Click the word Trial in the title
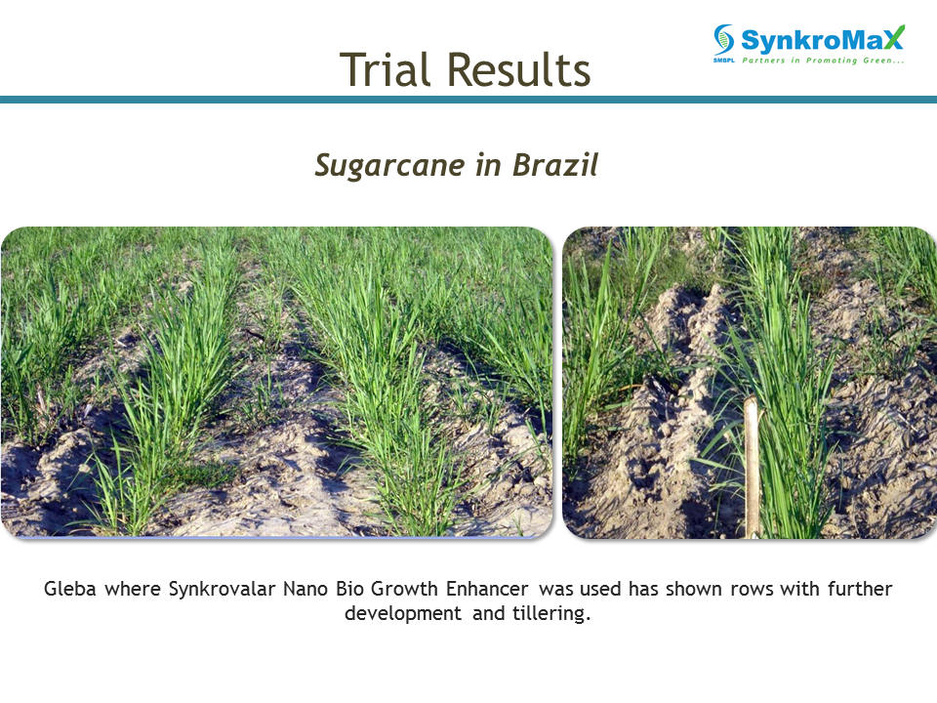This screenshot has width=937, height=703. pyautogui.click(x=385, y=69)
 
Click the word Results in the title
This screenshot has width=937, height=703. pyautogui.click(x=518, y=69)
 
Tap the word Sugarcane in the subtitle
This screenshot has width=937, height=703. pyautogui.click(x=389, y=166)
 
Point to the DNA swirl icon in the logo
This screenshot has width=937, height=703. pyautogui.click(x=723, y=39)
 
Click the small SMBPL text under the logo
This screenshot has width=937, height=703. pyautogui.click(x=723, y=60)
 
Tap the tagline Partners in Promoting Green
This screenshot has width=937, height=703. pyautogui.click(x=823, y=60)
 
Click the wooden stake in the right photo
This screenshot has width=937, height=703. pyautogui.click(x=752, y=467)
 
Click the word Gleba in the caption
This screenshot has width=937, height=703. pyautogui.click(x=70, y=589)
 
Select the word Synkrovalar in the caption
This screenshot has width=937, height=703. pyautogui.click(x=223, y=590)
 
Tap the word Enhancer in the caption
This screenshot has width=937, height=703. pyautogui.click(x=487, y=589)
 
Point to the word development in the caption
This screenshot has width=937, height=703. pyautogui.click(x=403, y=614)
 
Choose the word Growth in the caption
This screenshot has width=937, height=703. pyautogui.click(x=404, y=589)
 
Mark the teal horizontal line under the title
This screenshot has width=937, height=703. pyautogui.click(x=468, y=100)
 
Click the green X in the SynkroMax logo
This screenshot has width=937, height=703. pyautogui.click(x=895, y=38)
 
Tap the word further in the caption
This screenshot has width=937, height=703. pyautogui.click(x=860, y=589)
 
